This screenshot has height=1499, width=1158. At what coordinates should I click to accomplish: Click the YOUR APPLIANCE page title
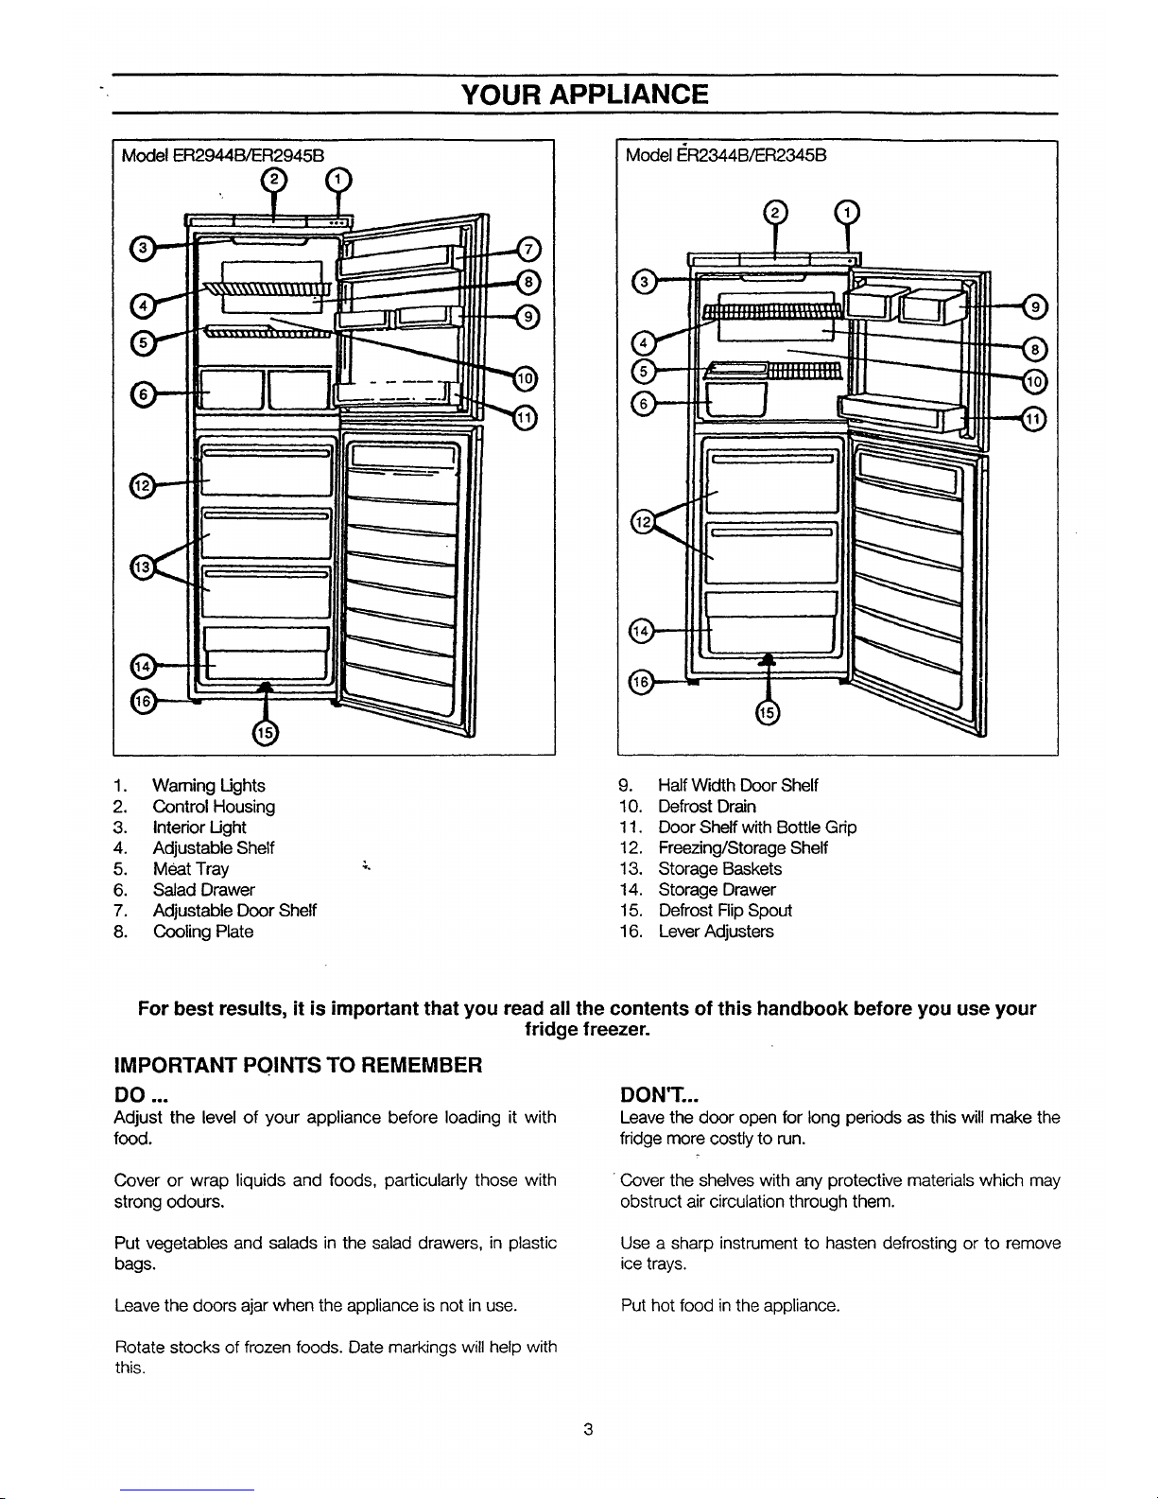tap(583, 95)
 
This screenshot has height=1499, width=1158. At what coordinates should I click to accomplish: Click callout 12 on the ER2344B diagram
tap(642, 523)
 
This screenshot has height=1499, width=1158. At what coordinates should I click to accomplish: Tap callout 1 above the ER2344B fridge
tap(847, 213)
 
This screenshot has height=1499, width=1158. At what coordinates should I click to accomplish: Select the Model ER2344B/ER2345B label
tap(727, 153)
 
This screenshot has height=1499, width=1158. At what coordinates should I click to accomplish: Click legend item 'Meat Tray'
tap(190, 869)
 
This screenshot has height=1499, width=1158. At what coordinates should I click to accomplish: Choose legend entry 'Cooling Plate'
tap(202, 932)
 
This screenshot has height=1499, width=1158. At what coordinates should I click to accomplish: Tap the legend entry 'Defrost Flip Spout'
tap(724, 911)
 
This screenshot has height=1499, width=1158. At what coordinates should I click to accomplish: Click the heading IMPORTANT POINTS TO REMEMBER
tap(298, 1066)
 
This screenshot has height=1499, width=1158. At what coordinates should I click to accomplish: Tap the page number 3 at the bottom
tap(587, 1430)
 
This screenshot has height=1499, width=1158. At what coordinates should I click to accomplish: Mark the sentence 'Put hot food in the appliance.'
tap(729, 1306)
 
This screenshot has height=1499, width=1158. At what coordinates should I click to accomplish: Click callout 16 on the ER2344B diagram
tap(642, 681)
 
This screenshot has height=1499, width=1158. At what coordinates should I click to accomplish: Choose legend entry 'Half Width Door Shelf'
tap(737, 785)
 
